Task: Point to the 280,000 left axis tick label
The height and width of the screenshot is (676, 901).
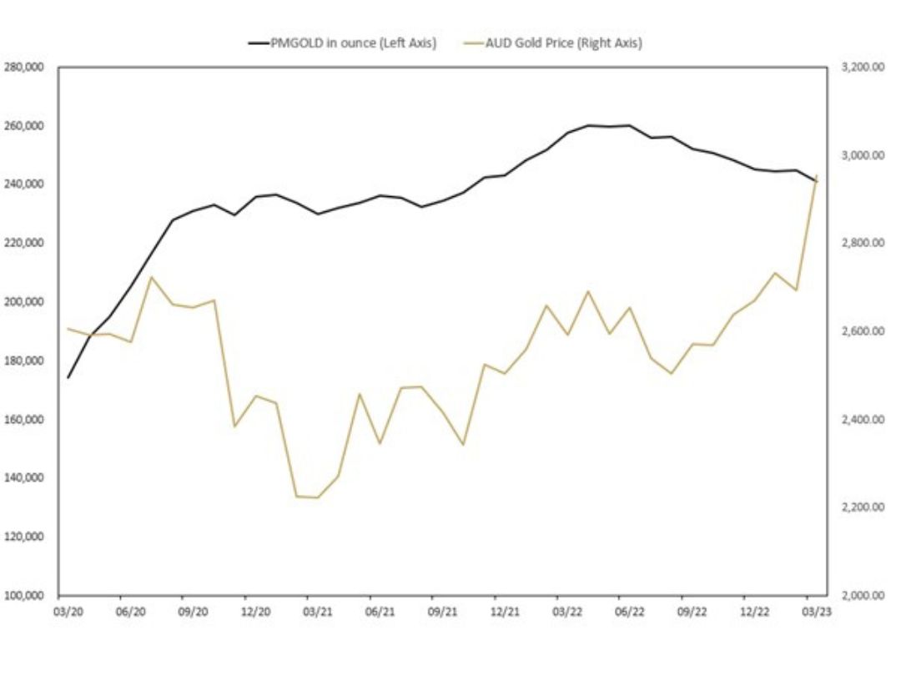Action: (25, 67)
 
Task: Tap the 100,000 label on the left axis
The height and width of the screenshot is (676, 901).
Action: (25, 596)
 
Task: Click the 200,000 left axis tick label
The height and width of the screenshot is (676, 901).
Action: (25, 302)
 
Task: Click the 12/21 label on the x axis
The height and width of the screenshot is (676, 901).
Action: (504, 612)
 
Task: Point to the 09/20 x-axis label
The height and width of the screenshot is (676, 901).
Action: (192, 612)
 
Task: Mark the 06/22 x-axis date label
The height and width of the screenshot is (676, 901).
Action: (629, 612)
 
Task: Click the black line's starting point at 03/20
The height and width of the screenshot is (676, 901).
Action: (68, 377)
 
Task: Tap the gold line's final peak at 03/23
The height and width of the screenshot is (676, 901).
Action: (816, 176)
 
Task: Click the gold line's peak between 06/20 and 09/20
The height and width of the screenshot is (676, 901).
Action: (151, 277)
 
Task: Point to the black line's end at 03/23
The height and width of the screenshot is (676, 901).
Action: (816, 181)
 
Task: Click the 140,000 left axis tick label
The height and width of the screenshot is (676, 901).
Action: (25, 478)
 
